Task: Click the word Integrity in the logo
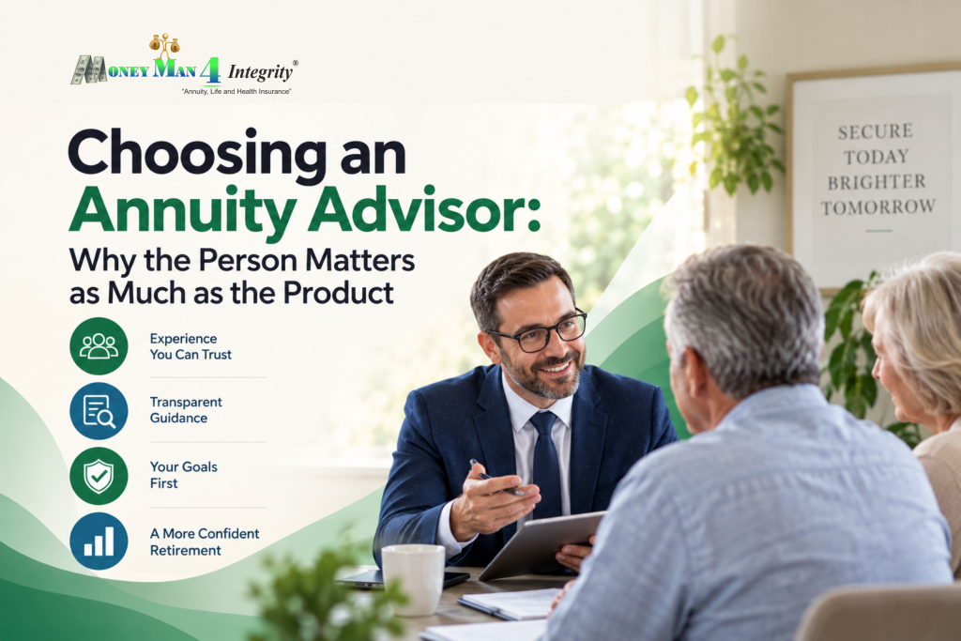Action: [261, 72]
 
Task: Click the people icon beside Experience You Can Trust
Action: [99, 346]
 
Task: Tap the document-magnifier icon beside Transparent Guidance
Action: [99, 411]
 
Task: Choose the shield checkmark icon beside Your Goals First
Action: [99, 476]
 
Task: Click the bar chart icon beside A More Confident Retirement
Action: [99, 542]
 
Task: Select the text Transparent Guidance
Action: [186, 410]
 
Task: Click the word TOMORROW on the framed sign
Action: [878, 207]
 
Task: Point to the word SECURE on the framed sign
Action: [876, 131]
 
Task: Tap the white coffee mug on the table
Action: [414, 578]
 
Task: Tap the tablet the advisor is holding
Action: [540, 544]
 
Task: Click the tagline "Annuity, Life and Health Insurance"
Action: [236, 91]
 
